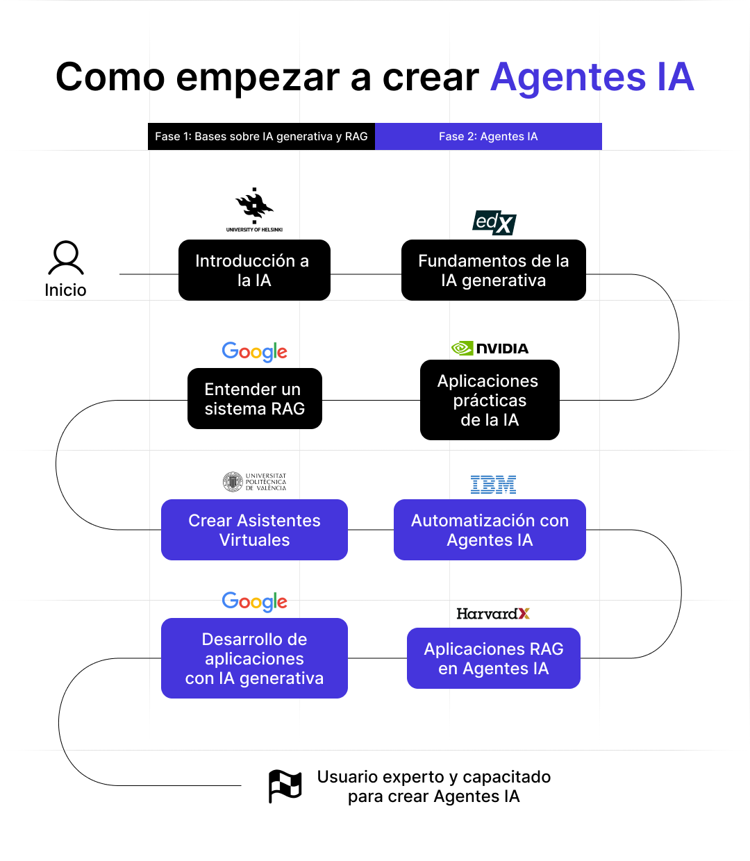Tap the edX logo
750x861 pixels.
point(494,223)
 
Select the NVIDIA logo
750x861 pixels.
point(490,348)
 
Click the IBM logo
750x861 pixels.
point(493,485)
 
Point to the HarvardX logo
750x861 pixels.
point(493,614)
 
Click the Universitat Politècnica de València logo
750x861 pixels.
point(254,482)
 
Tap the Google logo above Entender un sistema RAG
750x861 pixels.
point(254,351)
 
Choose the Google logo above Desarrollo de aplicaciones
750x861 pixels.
point(254,601)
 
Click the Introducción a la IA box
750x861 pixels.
point(254,270)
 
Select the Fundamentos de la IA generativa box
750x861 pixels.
point(493,270)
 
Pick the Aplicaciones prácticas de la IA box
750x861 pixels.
point(490,400)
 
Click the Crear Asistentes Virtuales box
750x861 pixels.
point(254,530)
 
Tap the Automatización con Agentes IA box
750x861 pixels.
point(490,530)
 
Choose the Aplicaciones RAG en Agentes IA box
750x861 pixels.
point(493,658)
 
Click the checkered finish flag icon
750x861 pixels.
point(285,786)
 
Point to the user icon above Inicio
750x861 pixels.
point(66,258)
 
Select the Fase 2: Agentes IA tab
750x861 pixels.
point(488,137)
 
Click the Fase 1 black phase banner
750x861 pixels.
point(261,137)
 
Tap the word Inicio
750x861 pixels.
point(65,290)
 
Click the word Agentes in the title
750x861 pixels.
point(568,77)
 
